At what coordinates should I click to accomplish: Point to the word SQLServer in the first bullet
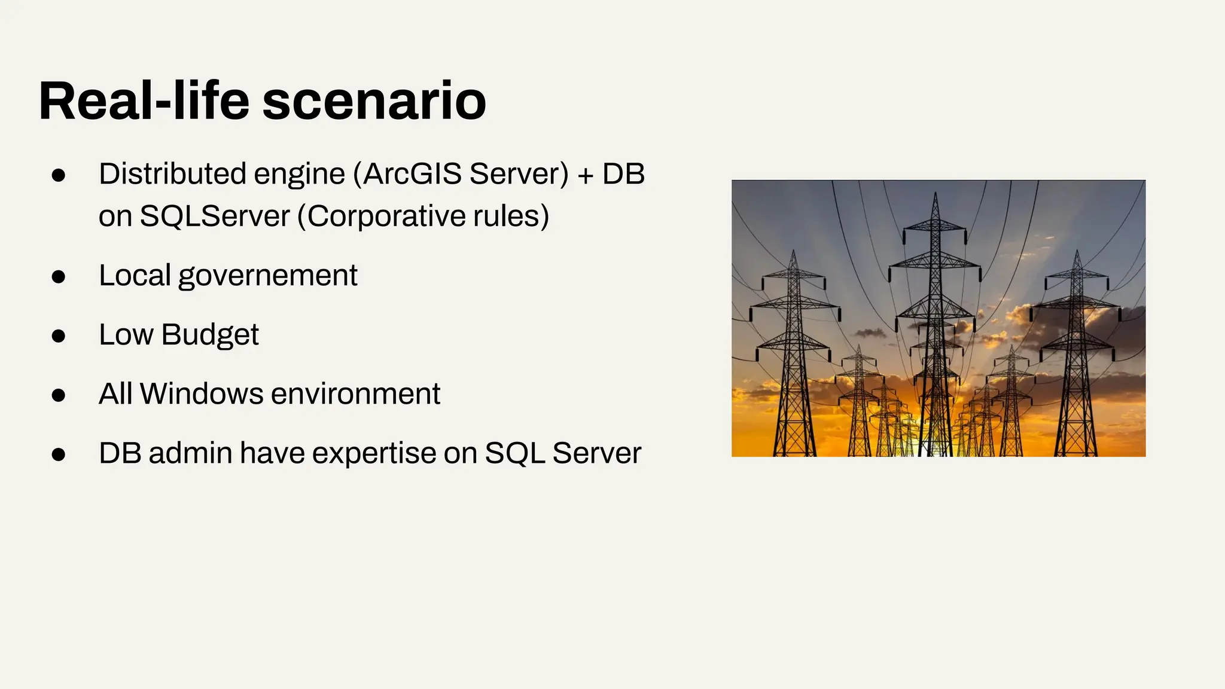pyautogui.click(x=215, y=216)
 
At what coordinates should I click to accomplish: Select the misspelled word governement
pyautogui.click(x=267, y=276)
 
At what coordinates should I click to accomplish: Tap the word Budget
pyautogui.click(x=209, y=335)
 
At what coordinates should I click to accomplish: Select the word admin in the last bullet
pyautogui.click(x=190, y=453)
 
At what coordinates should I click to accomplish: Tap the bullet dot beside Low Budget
pyautogui.click(x=58, y=336)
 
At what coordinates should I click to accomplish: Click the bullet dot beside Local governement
pyautogui.click(x=58, y=277)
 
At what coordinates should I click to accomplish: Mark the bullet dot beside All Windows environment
pyautogui.click(x=58, y=395)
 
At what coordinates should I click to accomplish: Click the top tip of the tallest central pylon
pyautogui.click(x=935, y=193)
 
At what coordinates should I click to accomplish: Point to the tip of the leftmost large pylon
pyautogui.click(x=793, y=251)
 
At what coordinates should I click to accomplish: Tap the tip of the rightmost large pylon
pyautogui.click(x=1077, y=251)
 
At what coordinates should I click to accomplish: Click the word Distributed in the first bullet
pyautogui.click(x=172, y=174)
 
